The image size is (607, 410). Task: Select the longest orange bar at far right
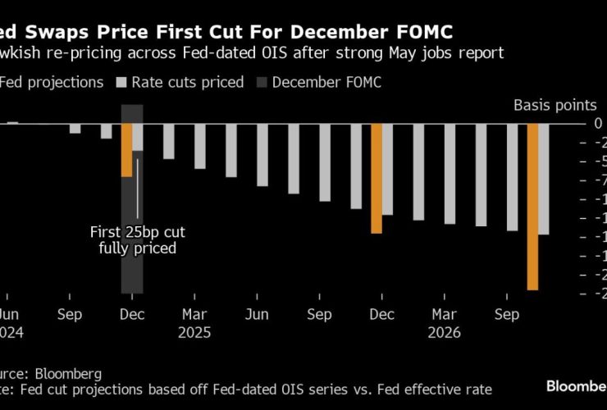pos(532,207)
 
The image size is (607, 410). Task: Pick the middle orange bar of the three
pos(377,179)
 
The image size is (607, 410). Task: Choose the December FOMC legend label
pos(326,82)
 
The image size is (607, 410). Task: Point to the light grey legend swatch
pos(121,82)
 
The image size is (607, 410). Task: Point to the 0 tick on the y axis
pos(599,123)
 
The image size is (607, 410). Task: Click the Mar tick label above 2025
pos(194,315)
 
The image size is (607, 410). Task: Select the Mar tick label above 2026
pos(445,315)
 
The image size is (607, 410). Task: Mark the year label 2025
pos(194,333)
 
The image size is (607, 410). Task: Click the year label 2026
pos(445,333)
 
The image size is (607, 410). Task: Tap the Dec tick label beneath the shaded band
pos(132,315)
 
